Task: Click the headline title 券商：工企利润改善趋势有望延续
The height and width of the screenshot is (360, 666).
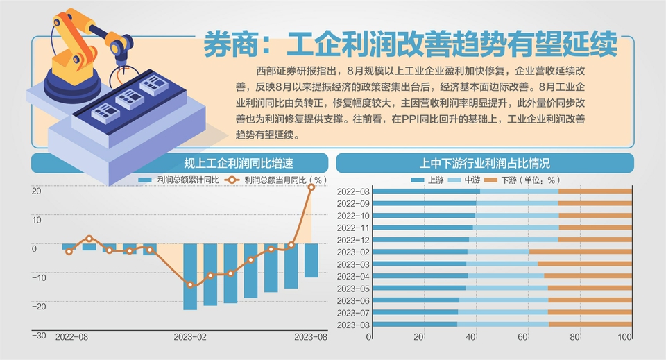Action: click(x=410, y=45)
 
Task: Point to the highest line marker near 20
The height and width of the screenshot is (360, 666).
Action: click(x=311, y=187)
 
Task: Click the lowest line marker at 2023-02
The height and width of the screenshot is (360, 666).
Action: click(x=190, y=284)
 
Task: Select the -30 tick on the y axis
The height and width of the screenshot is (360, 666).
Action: click(x=39, y=336)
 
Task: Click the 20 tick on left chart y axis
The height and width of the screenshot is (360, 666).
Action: click(x=37, y=191)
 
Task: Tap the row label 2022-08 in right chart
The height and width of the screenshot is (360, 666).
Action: click(x=353, y=191)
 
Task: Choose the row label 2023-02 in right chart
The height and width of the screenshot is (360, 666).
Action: click(x=353, y=252)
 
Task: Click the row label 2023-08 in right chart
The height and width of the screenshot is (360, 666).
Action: click(x=353, y=325)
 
